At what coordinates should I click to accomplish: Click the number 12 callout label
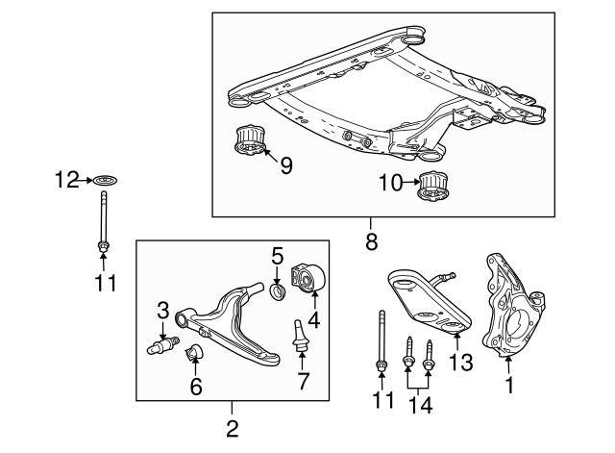click(65, 178)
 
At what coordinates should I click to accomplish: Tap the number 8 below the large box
click(372, 242)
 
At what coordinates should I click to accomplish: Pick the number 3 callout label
click(163, 310)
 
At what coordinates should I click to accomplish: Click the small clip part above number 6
click(195, 352)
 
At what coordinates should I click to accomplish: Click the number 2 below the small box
click(232, 426)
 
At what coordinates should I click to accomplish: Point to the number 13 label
click(461, 363)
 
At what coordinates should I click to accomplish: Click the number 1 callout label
click(510, 388)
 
